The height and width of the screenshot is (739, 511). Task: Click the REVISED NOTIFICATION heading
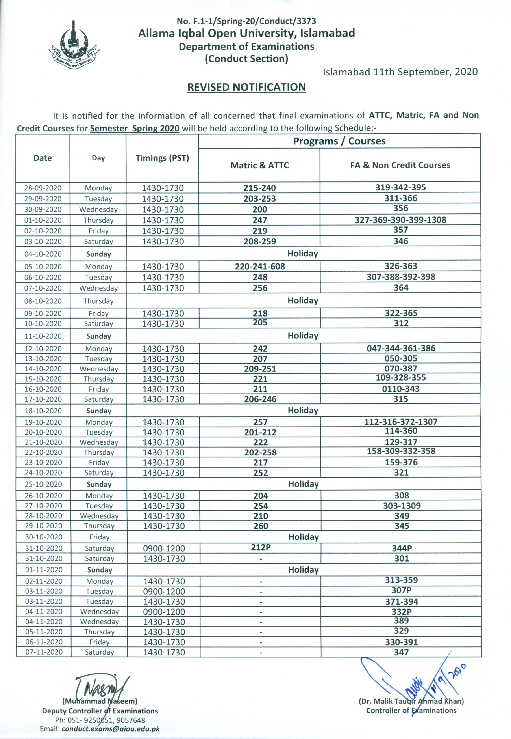tap(246, 87)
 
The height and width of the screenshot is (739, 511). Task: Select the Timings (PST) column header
tap(162, 158)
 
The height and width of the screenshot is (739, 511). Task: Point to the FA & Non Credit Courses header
tap(400, 165)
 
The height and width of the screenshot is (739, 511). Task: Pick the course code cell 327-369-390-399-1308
tap(400, 220)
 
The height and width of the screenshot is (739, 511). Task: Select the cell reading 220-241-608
tap(260, 266)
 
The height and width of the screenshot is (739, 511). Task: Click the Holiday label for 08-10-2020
tap(303, 300)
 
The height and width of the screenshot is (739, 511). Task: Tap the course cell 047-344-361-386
tap(401, 348)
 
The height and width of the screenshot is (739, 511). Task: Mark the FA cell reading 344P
tap(402, 548)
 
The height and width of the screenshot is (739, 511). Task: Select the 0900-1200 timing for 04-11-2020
tap(164, 612)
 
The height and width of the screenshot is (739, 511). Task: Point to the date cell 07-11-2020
tap(44, 652)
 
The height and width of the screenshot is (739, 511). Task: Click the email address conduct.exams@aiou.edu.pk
tap(111, 729)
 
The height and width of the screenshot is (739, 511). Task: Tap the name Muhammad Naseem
tap(100, 701)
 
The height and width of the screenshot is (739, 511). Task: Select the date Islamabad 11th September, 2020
tap(400, 71)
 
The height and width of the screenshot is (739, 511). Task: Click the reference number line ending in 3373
tap(246, 21)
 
